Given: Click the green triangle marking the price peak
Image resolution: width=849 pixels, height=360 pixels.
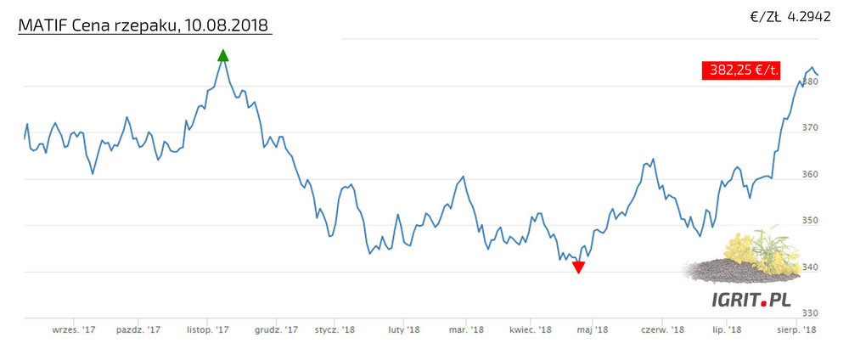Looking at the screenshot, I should pyautogui.click(x=223, y=56).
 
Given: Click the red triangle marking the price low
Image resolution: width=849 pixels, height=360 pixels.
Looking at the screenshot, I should pyautogui.click(x=578, y=267).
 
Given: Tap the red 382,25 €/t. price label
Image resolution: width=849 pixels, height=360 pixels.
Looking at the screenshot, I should pyautogui.click(x=741, y=70).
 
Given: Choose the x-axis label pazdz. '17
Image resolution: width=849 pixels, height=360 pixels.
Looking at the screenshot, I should pyautogui.click(x=138, y=329).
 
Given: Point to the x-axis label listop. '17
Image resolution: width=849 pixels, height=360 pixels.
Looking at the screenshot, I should pyautogui.click(x=208, y=329).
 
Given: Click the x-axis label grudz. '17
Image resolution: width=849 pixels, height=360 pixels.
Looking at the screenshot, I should pyautogui.click(x=277, y=329).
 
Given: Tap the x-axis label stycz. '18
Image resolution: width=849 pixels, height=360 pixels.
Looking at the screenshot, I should pyautogui.click(x=335, y=329).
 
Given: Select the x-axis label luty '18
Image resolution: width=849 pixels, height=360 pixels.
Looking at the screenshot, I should pyautogui.click(x=403, y=329).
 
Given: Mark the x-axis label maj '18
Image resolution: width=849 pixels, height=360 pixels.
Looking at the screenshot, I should pyautogui.click(x=591, y=329).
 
